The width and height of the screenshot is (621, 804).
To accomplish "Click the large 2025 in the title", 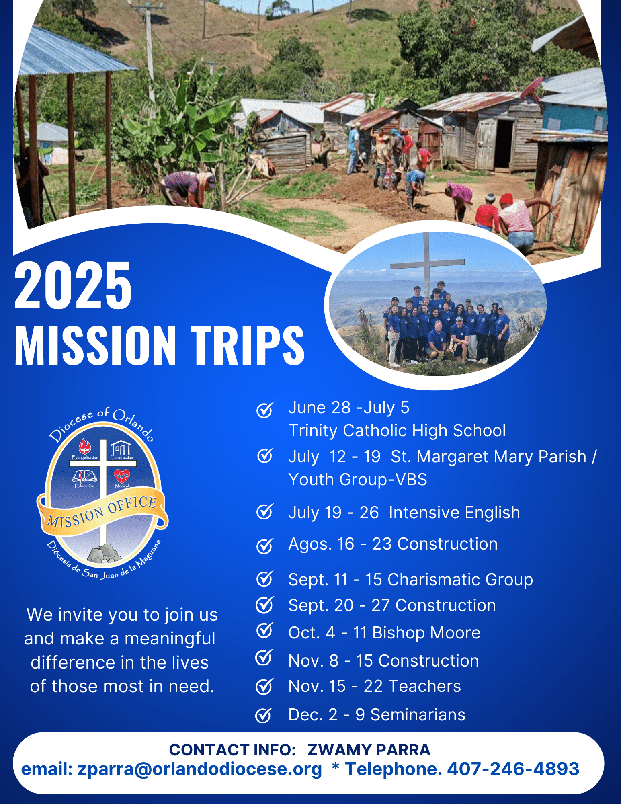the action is (x=73, y=285).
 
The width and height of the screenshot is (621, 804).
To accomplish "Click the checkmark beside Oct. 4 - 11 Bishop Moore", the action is (x=265, y=631).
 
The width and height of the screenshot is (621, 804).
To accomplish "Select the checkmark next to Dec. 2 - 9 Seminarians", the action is (x=264, y=715).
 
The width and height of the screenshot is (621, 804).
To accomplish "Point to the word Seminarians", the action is (x=418, y=715).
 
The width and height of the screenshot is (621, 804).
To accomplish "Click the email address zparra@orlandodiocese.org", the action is (x=200, y=769).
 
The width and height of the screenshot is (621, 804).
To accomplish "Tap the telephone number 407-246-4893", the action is (x=513, y=769).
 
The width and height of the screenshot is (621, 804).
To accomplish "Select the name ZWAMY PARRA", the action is (x=369, y=750).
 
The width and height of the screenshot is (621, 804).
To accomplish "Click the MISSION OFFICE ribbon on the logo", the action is (x=102, y=511).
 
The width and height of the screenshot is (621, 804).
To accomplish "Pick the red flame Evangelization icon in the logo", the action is (x=84, y=446).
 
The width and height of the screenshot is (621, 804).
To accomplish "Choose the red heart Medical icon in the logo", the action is (x=122, y=476).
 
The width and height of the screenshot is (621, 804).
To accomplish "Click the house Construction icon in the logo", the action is (x=121, y=448).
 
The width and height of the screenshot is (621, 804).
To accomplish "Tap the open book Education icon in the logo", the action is (x=84, y=476).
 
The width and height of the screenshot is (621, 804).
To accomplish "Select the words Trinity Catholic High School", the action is (x=397, y=431).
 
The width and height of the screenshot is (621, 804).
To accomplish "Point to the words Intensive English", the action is (x=455, y=513).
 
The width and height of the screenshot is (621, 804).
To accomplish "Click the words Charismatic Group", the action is (x=460, y=580).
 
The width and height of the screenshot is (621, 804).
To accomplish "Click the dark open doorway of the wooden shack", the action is (x=504, y=144).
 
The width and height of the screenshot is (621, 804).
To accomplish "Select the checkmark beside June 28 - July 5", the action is (x=265, y=410).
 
